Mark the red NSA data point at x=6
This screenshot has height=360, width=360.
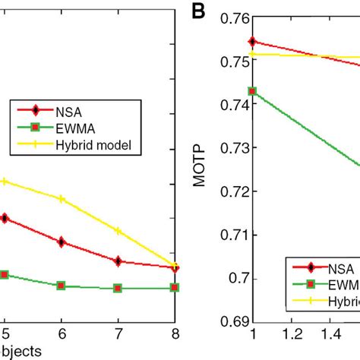tap(62, 242)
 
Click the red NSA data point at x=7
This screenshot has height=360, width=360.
tap(118, 261)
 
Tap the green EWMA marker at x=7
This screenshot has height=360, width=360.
tap(118, 289)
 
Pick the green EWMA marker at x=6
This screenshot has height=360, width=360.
tap(62, 286)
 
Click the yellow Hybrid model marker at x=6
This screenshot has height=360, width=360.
tap(62, 199)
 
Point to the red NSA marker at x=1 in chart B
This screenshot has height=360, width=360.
tap(253, 41)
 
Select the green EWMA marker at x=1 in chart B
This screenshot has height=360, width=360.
tap(253, 91)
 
